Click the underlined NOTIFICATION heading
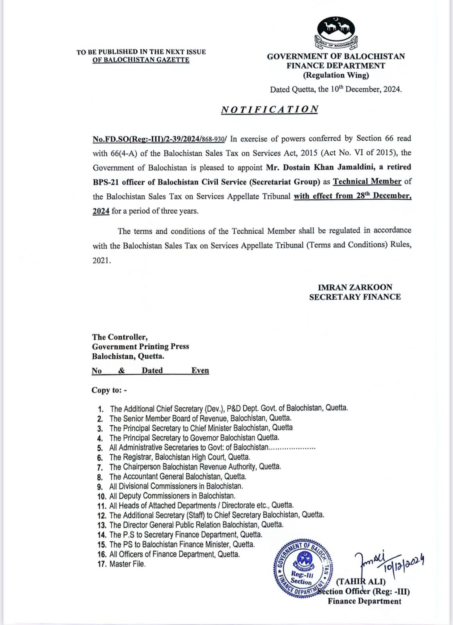point(270,109)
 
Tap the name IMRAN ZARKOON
point(355,287)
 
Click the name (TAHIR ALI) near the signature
point(360,582)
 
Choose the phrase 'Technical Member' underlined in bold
point(367,182)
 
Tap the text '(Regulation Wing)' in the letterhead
point(336,75)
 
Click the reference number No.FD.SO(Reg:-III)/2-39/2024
point(158,139)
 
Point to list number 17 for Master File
point(102,564)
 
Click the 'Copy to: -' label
point(109,390)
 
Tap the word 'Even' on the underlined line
point(200,370)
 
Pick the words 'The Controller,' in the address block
point(120,337)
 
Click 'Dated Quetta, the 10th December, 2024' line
point(336,89)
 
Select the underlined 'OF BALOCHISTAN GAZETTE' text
point(141,60)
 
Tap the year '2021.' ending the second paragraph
point(102,261)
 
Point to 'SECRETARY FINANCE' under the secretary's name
point(355,297)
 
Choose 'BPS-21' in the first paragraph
point(106,182)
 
